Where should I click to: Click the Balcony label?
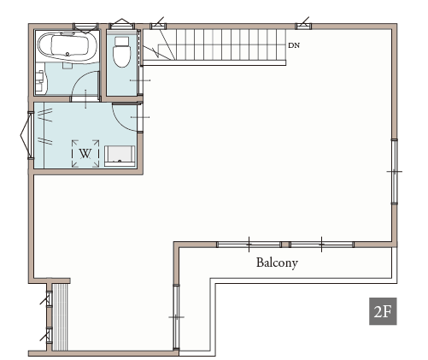(x=277, y=263)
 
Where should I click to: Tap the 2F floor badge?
(x=383, y=311)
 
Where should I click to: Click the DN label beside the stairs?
(x=294, y=45)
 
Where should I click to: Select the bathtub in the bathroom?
(x=67, y=47)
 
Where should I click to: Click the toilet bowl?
(x=122, y=56)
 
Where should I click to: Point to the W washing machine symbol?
(x=85, y=153)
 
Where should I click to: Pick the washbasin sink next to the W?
(x=120, y=156)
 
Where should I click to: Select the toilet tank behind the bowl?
(x=121, y=41)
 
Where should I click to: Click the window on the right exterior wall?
(x=395, y=172)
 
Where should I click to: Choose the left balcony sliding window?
(x=249, y=245)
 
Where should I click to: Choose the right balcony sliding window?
(x=321, y=245)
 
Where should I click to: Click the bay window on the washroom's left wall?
(x=27, y=135)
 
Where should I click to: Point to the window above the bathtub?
(x=86, y=27)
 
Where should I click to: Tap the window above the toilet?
(x=122, y=26)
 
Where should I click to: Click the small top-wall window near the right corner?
(x=303, y=27)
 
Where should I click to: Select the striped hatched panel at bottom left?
(x=60, y=316)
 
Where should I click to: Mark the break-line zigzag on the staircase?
(x=155, y=53)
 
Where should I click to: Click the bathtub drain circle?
(x=67, y=54)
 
